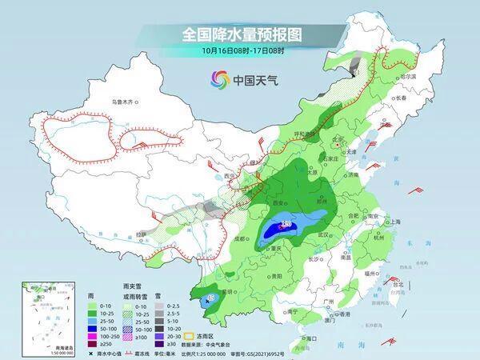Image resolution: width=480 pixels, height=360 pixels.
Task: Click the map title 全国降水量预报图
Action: pos(240,34)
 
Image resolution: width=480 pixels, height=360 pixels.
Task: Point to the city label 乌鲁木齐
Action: pos(126,102)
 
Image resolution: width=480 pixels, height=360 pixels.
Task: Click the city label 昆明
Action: pos(232,290)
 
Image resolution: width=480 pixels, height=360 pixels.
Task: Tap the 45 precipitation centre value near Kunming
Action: pos(210,298)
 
